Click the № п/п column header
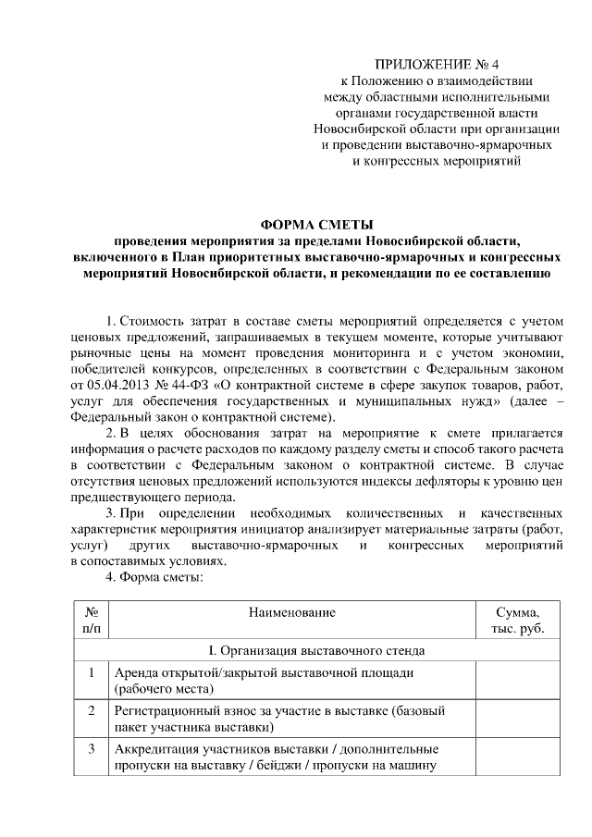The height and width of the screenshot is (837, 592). tap(91, 621)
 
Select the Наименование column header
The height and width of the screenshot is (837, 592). tap(291, 612)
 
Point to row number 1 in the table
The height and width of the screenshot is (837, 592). tap(91, 672)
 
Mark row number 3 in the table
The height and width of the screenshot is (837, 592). tap(91, 748)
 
